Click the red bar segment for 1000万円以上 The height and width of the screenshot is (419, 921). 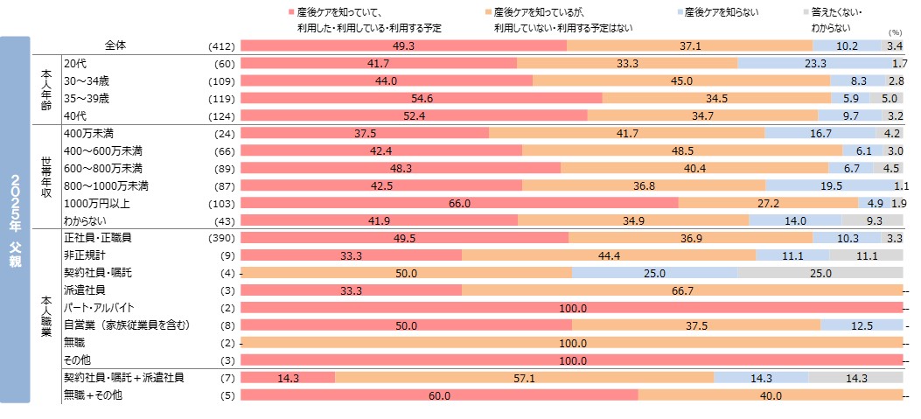tap(458, 203)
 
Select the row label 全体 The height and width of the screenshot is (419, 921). tap(115, 45)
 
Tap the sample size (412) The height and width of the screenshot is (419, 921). tap(219, 45)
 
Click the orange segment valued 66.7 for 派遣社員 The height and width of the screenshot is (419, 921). tap(682, 290)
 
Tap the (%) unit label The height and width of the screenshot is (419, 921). tap(895, 31)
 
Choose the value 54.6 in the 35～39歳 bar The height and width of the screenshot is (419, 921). tap(422, 98)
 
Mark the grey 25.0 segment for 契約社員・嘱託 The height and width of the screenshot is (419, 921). tap(820, 273)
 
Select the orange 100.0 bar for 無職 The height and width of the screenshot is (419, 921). tap(571, 343)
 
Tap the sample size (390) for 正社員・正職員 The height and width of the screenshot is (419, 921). tap(219, 238)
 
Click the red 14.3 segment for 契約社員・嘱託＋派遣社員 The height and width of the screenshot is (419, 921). tap(287, 378)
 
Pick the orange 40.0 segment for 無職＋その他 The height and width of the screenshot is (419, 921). tap(770, 395)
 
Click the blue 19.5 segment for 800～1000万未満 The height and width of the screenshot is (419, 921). tap(830, 185)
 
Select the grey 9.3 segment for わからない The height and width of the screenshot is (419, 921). tap(872, 220)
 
